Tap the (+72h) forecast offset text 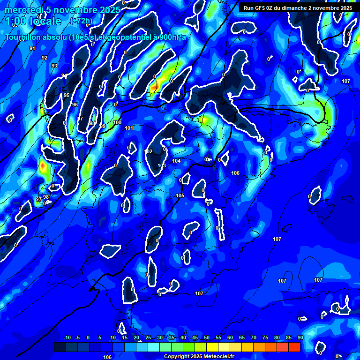click(x=81, y=21)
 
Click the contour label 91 click(x=32, y=48)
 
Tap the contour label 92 click(x=45, y=58)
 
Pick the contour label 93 click(x=54, y=66)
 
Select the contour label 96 click(x=75, y=105)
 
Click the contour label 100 click(x=117, y=122)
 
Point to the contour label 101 click(x=129, y=128)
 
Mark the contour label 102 click(x=149, y=151)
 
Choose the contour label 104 click(x=176, y=161)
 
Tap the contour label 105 click(x=180, y=195)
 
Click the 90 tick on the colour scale click(x=300, y=338)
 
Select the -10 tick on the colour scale click(x=67, y=338)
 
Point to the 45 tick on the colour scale click(x=195, y=338)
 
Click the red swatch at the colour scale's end click(x=294, y=347)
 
